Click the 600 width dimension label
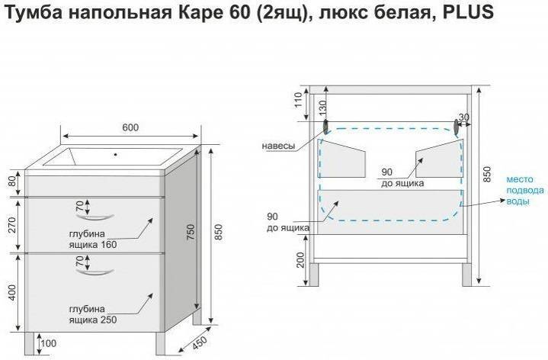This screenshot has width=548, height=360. [130, 127]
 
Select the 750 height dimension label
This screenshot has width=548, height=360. [191, 232]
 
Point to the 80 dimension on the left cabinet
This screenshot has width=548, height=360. [13, 182]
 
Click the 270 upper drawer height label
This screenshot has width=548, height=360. [12, 225]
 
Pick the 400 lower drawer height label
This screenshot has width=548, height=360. [12, 293]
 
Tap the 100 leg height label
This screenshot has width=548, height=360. [48, 343]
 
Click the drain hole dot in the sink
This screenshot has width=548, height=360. [115, 154]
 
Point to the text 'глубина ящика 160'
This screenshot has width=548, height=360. [93, 239]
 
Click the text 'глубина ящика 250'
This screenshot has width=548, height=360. [93, 314]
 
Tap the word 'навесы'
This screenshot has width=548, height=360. [278, 146]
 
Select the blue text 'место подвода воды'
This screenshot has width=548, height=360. [525, 191]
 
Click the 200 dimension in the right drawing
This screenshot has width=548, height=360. [300, 260]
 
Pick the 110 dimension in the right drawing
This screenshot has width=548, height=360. [298, 100]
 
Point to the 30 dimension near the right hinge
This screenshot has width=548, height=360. [463, 117]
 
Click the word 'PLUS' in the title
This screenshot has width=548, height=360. [468, 13]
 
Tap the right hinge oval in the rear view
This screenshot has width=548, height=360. [456, 127]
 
